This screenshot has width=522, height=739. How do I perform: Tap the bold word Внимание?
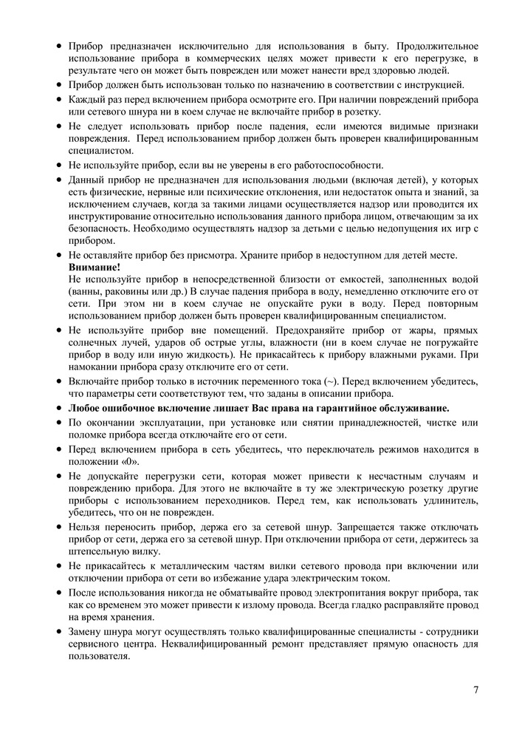point(94,267)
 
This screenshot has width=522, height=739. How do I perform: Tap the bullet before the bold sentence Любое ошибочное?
point(58,408)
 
